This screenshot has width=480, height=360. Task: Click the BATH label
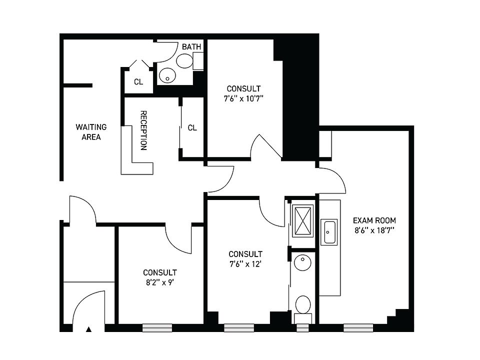(x=191, y=47)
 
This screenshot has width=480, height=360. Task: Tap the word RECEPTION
(x=143, y=130)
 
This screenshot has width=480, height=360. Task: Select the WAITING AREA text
(x=91, y=132)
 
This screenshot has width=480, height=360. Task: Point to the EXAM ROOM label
(x=374, y=220)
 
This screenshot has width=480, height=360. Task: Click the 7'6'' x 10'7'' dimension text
(x=243, y=98)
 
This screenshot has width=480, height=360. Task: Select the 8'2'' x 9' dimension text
(x=159, y=281)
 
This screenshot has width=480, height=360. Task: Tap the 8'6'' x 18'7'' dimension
(x=374, y=230)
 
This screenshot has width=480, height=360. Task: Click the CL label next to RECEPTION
(x=192, y=128)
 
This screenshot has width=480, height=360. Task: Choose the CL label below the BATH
(x=138, y=82)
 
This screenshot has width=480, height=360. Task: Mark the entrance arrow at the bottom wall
(x=89, y=329)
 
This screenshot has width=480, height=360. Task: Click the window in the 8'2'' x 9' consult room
(x=157, y=328)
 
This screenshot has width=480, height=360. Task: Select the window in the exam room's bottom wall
(x=357, y=328)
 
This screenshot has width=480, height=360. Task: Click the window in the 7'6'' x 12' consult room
(x=238, y=328)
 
